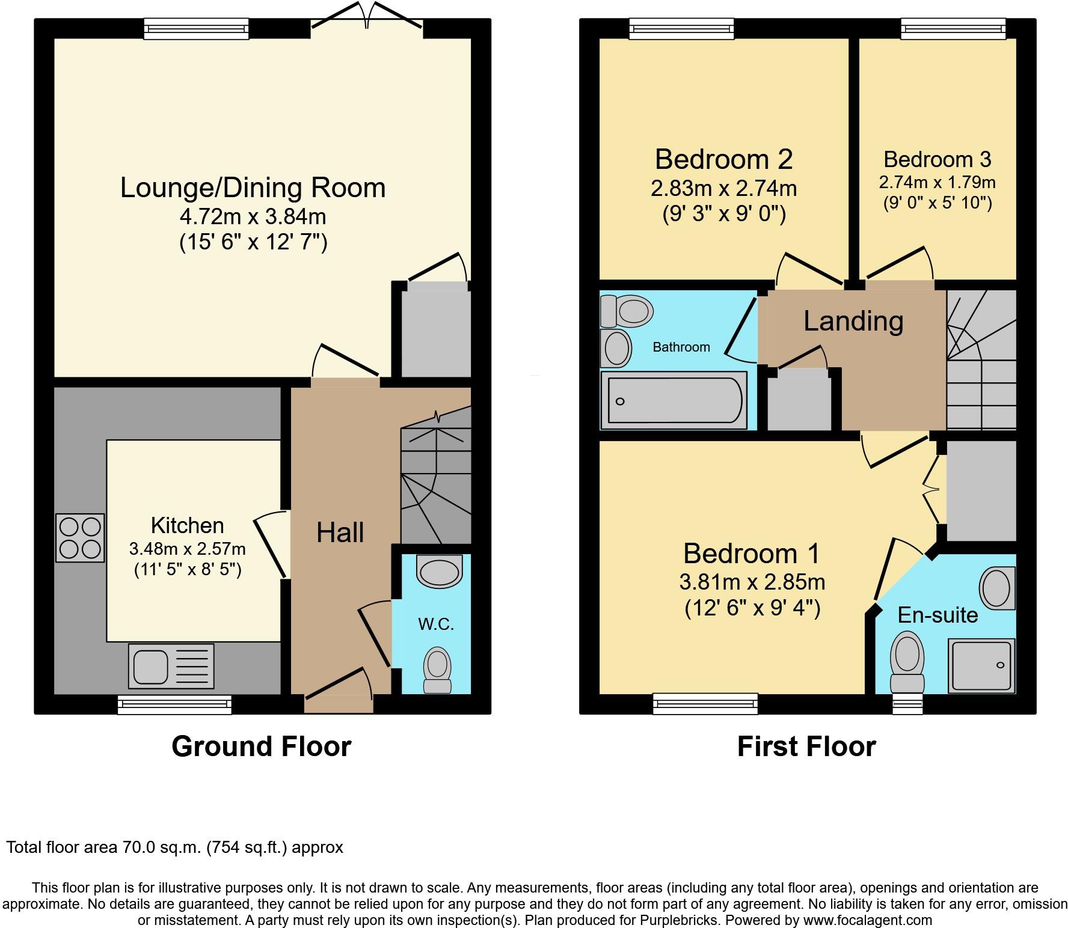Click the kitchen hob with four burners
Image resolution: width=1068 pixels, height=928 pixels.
coord(80,538)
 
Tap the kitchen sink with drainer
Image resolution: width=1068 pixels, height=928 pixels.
coord(171,666)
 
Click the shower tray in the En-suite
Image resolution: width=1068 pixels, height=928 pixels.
coord(981,665)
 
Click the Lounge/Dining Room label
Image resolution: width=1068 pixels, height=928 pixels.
coord(253,188)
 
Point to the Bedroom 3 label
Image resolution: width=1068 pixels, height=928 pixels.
coord(937,159)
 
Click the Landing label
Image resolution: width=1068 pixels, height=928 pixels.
coord(853,321)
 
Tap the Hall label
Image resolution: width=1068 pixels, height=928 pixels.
coord(340,533)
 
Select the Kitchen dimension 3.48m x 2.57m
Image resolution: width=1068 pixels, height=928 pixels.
coord(187,549)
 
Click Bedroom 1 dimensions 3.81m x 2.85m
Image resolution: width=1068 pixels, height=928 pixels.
coord(752,582)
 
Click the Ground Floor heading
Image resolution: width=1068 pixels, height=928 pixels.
coord(261,746)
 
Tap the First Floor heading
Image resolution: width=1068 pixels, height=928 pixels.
coord(806,746)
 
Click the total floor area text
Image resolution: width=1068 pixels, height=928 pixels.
coord(174,847)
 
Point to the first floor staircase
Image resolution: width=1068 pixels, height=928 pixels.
coord(981,361)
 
